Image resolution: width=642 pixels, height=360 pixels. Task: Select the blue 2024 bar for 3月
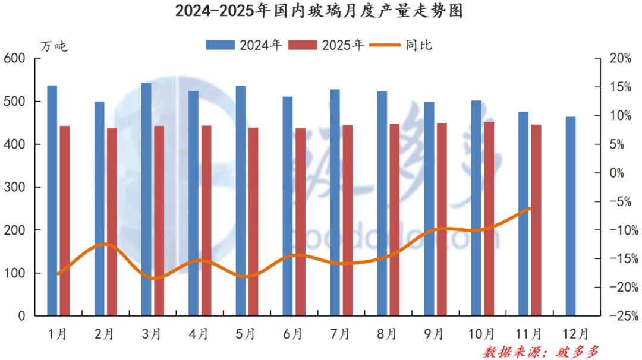(x=146, y=199)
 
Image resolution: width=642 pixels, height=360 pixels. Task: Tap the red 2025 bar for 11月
(x=536, y=220)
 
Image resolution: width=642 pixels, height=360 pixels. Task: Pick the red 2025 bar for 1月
(x=65, y=220)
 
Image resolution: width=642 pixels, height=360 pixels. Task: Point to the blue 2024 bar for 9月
(x=429, y=209)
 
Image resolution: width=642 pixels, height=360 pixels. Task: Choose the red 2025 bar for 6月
(x=300, y=222)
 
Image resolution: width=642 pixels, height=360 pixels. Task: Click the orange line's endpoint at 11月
(x=530, y=208)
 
